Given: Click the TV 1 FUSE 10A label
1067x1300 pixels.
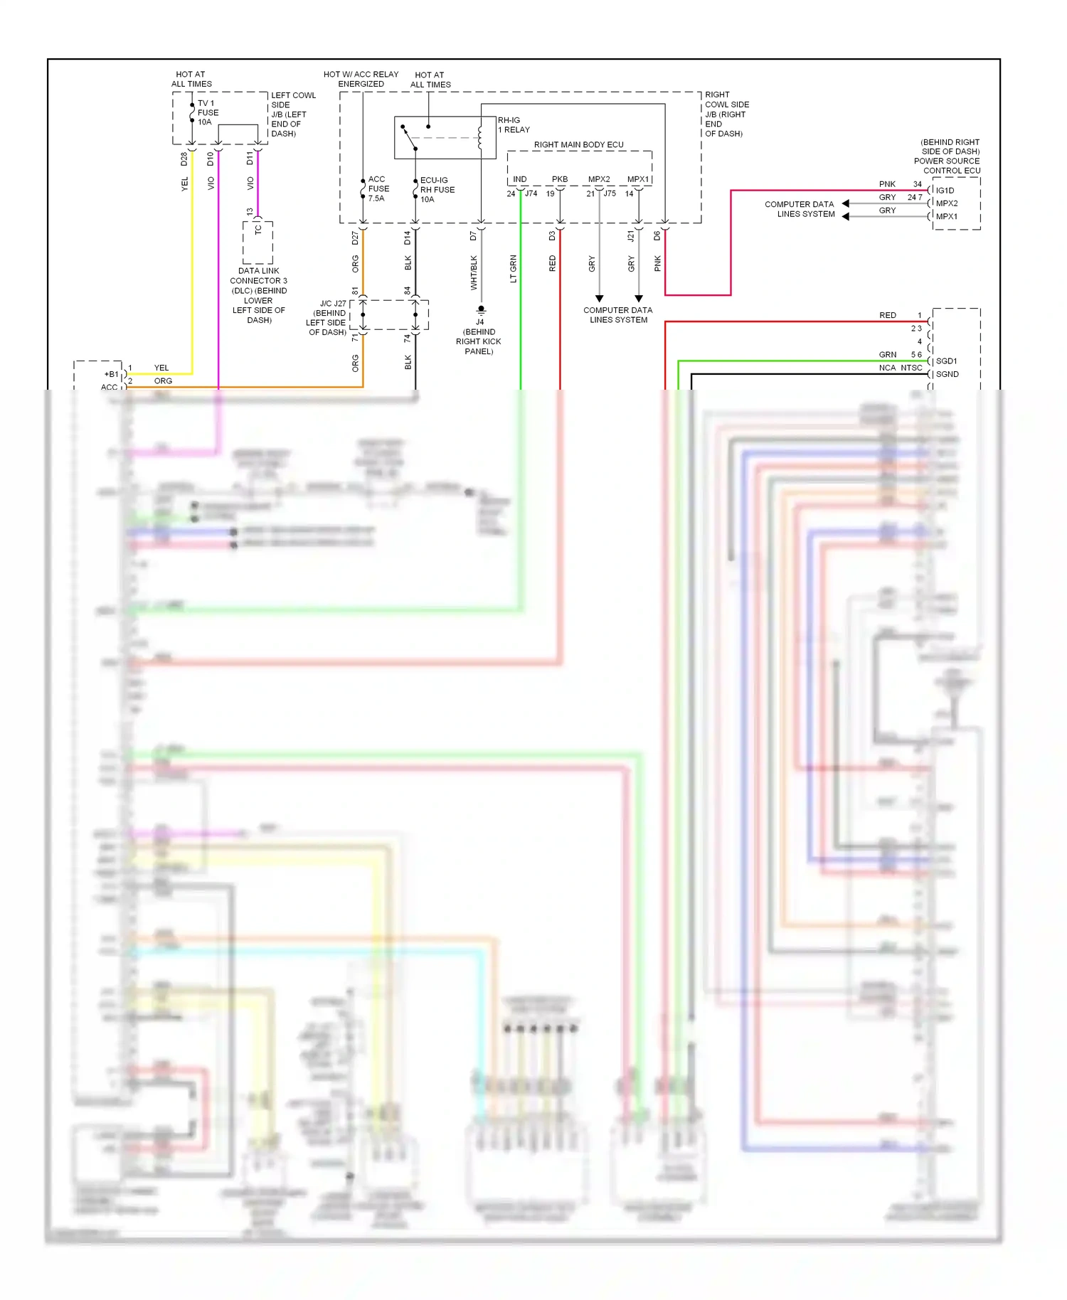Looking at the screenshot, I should [x=208, y=112].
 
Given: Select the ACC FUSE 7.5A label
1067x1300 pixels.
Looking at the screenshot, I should [x=378, y=188].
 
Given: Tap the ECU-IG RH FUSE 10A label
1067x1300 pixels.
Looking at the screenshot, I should [x=437, y=190].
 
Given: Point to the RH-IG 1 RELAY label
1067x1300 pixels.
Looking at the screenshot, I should [x=514, y=125].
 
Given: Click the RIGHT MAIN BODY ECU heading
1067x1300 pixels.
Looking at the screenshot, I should [x=578, y=144].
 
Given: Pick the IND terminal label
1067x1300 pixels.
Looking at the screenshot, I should [x=520, y=179].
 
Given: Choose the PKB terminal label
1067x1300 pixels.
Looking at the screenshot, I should [x=560, y=179].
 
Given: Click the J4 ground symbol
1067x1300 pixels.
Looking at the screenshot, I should [x=481, y=309].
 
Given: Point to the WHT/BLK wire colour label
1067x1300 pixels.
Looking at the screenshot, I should [x=474, y=272].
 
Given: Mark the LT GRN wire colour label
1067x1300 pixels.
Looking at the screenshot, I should [x=513, y=269].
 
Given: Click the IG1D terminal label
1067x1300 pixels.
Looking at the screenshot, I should [x=945, y=191].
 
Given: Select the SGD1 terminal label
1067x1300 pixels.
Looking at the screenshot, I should [x=946, y=361].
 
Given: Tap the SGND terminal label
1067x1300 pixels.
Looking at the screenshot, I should [x=947, y=374].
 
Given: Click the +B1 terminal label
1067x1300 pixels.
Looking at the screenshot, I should [x=112, y=374].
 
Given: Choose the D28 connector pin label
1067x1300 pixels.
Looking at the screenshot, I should [x=184, y=159].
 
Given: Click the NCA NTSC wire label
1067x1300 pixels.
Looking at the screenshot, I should [x=900, y=368].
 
